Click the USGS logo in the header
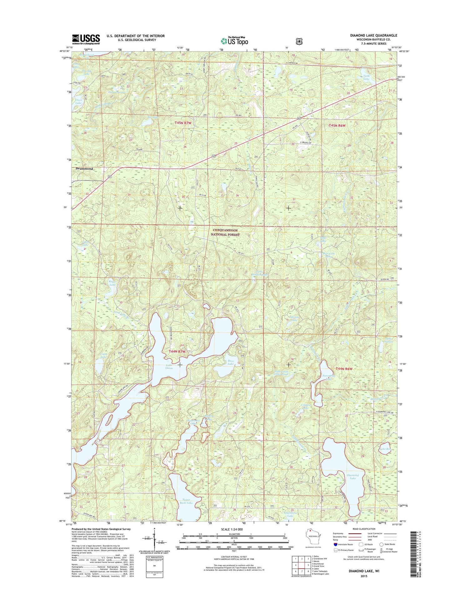point(86,38)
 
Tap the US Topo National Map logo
point(234,40)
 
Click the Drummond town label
point(84,169)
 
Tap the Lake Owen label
point(169,367)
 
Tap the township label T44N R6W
point(344,369)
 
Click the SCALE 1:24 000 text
point(234,529)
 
